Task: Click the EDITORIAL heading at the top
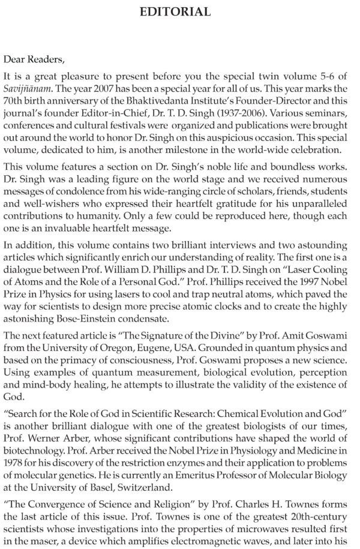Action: [x=179, y=11]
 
